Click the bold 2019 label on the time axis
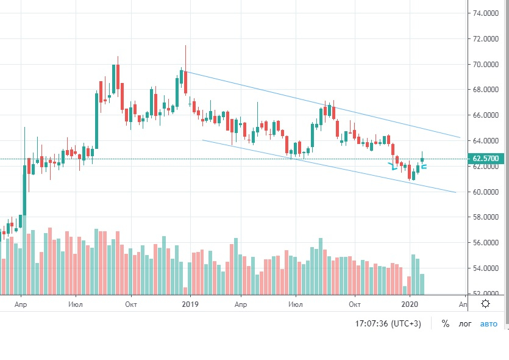click(x=191, y=303)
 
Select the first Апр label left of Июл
click(x=21, y=303)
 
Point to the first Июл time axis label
click(x=76, y=303)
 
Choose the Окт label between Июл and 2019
click(x=130, y=303)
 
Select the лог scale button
click(x=465, y=324)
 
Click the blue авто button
click(x=489, y=324)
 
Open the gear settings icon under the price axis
click(x=486, y=303)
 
